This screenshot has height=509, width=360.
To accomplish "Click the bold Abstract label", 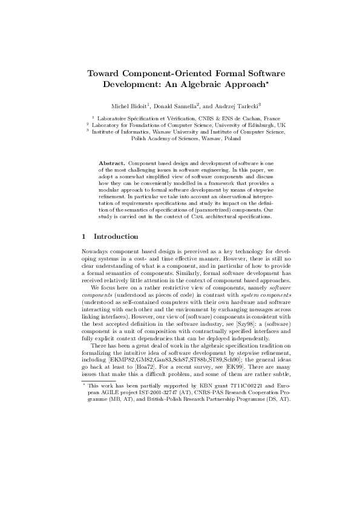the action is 111,164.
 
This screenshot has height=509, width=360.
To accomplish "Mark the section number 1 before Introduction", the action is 83,236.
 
